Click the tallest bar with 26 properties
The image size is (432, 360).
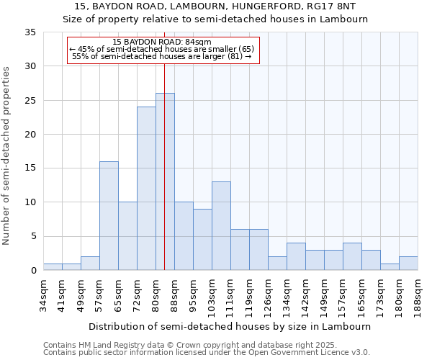[x=165, y=181]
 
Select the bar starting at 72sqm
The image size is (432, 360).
[x=146, y=189]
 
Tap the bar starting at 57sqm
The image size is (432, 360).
[x=109, y=216]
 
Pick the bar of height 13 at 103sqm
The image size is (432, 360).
[x=221, y=226]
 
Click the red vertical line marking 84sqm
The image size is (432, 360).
[x=164, y=144]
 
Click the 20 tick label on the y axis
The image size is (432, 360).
[x=30, y=135]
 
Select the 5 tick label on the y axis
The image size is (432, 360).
[x=32, y=236]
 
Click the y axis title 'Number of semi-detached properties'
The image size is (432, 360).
[x=7, y=156]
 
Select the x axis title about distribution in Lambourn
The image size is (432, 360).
[x=230, y=326]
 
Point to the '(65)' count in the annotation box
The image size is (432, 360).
[x=246, y=49]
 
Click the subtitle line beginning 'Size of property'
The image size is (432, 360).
[x=215, y=19]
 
